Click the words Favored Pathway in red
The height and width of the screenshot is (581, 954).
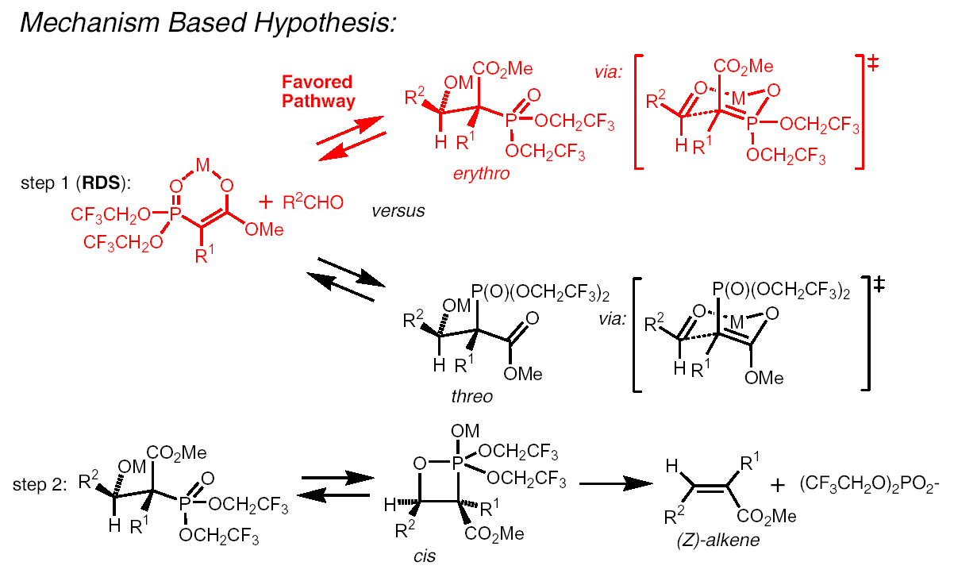(317, 91)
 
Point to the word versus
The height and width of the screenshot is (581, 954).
(398, 211)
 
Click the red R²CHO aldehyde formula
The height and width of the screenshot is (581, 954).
(314, 203)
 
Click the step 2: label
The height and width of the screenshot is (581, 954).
(39, 484)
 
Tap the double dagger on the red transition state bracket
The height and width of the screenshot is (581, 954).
(873, 63)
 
